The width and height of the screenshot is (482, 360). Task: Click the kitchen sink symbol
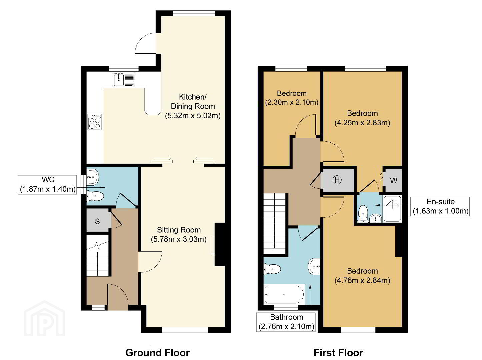click(x=124, y=79)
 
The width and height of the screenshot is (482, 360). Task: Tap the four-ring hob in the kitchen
click(x=95, y=122)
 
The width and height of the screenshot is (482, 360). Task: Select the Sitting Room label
click(x=179, y=230)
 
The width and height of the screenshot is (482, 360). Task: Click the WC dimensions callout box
click(x=47, y=185)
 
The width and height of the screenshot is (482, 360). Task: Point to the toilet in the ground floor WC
click(x=95, y=196)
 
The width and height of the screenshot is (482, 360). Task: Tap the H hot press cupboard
click(x=337, y=180)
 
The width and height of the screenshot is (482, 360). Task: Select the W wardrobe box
click(x=393, y=180)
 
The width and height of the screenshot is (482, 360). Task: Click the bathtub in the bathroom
click(x=284, y=294)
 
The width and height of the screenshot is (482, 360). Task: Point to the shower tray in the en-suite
click(x=393, y=209)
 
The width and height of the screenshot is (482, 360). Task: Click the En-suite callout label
click(x=440, y=207)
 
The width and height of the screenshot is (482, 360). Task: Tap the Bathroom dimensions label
click(x=286, y=322)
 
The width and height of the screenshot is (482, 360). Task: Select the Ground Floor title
click(x=157, y=353)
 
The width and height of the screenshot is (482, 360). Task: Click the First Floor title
click(x=338, y=353)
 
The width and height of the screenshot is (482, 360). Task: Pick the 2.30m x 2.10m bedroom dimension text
click(x=292, y=102)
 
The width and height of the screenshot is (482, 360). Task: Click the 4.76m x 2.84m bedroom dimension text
click(x=362, y=280)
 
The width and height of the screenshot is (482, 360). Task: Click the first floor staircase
click(x=274, y=223)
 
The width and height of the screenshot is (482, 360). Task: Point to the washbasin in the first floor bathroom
click(x=314, y=266)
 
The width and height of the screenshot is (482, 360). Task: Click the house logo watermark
click(x=45, y=318)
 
